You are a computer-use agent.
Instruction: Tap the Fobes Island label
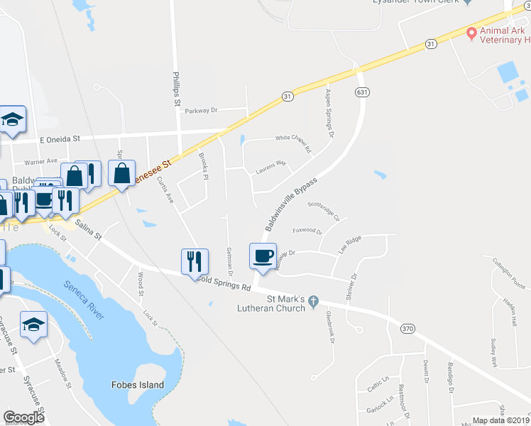138,385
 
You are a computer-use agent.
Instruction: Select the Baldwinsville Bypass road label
290,204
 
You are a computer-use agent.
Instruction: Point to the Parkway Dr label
200,111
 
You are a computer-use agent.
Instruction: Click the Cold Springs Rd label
226,285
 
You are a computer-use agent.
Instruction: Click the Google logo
24,417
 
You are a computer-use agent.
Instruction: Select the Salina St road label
88,229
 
